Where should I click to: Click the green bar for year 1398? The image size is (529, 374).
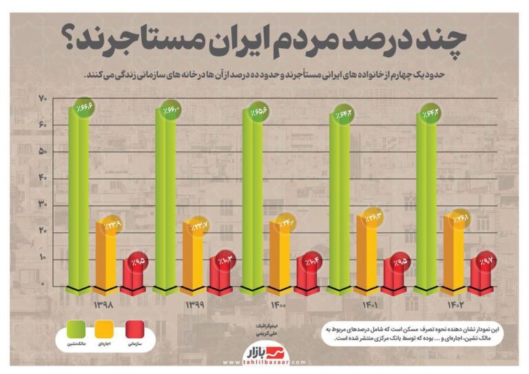tap(78, 200)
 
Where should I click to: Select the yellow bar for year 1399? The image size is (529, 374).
tap(194, 255)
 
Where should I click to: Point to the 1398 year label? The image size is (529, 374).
tap(102, 304)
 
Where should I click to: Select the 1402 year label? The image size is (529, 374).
tap(452, 304)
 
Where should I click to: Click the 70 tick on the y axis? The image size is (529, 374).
tap(42, 99)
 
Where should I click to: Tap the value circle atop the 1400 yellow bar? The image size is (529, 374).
tap(285, 224)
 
